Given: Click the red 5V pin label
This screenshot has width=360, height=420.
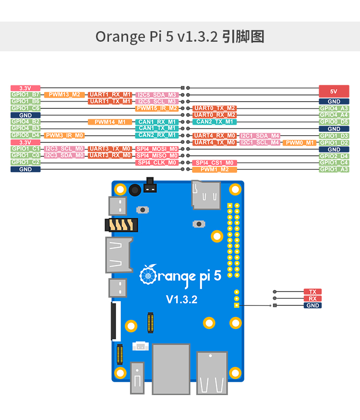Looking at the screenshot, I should click(x=334, y=91).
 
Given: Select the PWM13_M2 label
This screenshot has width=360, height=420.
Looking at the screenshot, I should click(x=64, y=95).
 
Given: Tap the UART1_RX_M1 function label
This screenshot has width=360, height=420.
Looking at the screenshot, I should click(x=110, y=95).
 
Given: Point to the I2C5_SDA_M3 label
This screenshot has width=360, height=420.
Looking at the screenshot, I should click(x=157, y=95).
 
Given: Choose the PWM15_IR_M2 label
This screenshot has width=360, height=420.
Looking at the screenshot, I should click(x=157, y=108).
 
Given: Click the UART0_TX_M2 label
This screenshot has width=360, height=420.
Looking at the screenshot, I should click(x=215, y=108).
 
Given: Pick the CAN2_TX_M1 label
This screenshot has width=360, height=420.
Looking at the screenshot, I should click(x=215, y=122).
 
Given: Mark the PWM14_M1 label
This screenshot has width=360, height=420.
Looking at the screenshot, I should click(x=110, y=122).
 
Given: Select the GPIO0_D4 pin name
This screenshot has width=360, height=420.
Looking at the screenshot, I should click(x=25, y=136).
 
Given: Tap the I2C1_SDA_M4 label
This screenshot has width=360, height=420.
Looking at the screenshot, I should click(x=260, y=136).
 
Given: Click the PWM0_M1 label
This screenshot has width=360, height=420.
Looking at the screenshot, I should click(x=300, y=142).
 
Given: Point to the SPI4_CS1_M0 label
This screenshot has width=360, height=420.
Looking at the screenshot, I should click(x=215, y=163).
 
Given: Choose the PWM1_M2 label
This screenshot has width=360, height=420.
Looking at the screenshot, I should click(x=215, y=170).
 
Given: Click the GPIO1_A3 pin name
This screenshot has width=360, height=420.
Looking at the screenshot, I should click(x=334, y=170).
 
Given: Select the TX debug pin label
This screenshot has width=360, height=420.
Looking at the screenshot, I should click(x=312, y=292).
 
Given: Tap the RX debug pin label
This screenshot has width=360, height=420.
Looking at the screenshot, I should click(x=312, y=299).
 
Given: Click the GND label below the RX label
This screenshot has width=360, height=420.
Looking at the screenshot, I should click(x=312, y=305).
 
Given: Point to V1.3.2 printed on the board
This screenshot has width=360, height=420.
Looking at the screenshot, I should click(x=181, y=300).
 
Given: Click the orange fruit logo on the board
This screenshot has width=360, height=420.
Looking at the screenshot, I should click(x=148, y=275).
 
